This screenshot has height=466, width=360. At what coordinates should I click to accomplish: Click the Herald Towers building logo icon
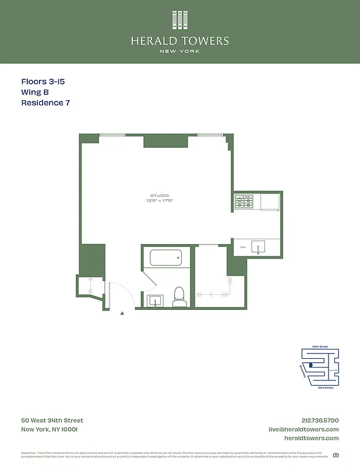[180, 20]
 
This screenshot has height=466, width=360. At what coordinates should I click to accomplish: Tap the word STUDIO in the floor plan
[159, 195]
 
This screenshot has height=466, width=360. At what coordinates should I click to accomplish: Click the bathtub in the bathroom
[166, 257]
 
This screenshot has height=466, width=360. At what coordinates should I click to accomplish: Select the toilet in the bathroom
[179, 296]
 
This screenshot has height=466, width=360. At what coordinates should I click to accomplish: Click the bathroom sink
[156, 300]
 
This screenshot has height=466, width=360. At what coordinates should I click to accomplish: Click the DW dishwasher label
[243, 247]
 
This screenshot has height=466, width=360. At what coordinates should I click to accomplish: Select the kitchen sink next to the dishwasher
[257, 247]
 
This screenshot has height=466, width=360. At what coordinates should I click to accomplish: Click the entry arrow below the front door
[122, 313]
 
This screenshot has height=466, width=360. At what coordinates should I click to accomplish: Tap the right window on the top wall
[210, 135]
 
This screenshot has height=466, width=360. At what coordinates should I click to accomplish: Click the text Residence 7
[45, 103]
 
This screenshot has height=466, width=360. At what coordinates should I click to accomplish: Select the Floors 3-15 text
[43, 82]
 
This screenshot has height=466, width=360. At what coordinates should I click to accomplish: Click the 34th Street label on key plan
[320, 347]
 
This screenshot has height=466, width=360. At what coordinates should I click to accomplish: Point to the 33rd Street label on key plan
[325, 387]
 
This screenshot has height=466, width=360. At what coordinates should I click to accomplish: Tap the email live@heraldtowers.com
[303, 429]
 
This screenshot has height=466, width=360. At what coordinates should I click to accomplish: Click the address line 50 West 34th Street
[52, 421]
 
